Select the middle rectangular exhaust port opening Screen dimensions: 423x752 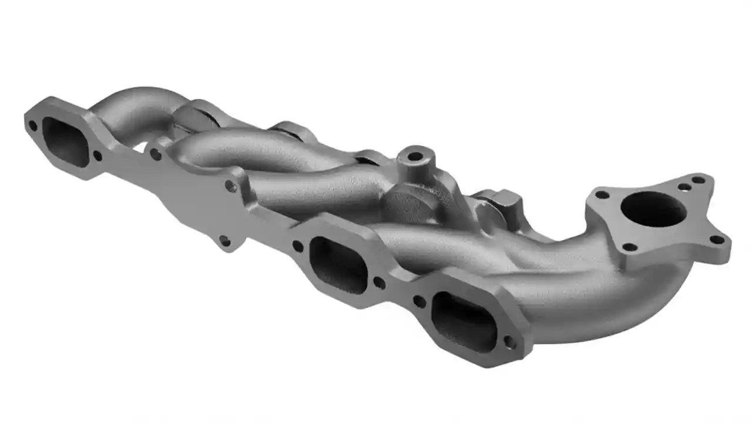[337, 263]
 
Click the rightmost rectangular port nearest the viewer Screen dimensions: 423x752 [464, 318]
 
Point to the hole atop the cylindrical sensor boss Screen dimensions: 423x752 [415, 157]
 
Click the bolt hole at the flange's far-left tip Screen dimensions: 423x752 [33, 125]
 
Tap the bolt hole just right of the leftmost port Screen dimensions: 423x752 [98, 156]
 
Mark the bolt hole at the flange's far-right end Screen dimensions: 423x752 [511, 343]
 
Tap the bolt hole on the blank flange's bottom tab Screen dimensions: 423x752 [224, 240]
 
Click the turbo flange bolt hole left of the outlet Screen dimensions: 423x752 [600, 194]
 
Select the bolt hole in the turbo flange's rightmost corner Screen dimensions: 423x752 [716, 239]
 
